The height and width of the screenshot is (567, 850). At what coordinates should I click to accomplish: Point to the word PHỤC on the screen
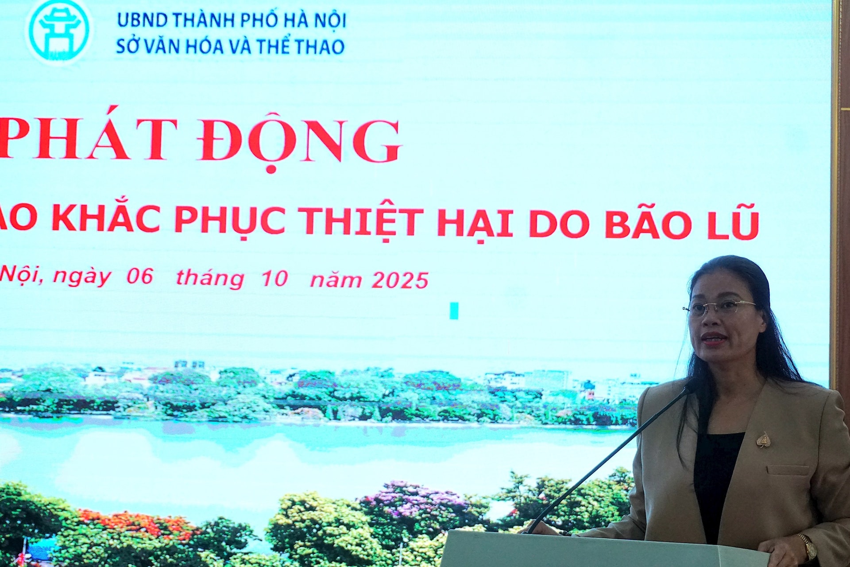(229, 220)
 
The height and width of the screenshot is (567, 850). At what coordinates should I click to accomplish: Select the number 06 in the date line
(140, 276)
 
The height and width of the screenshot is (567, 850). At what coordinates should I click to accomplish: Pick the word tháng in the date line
(210, 278)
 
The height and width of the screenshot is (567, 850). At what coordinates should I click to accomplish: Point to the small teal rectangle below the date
(454, 311)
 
